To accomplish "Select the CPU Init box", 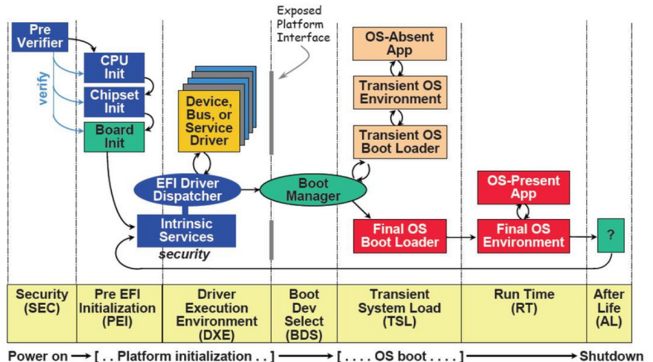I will (x=114, y=68).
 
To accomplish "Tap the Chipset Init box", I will (x=114, y=102).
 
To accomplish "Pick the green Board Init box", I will (x=114, y=137).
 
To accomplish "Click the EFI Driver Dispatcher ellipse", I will (x=187, y=189).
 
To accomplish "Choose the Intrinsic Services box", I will (x=187, y=230).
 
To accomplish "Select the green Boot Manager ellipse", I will (x=313, y=189).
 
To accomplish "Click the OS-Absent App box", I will (x=400, y=44).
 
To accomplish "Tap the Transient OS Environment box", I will (x=400, y=92).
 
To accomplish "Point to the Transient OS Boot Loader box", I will (x=400, y=141).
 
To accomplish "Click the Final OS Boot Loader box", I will (x=400, y=236).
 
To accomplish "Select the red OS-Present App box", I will (x=523, y=187).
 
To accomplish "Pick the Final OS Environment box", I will (x=523, y=236).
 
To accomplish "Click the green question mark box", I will (x=611, y=235).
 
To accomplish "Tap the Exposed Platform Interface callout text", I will (x=302, y=24).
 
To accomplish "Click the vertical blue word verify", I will (x=44, y=88).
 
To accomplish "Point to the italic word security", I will (x=184, y=254).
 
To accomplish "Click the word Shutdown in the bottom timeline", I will (x=611, y=355).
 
